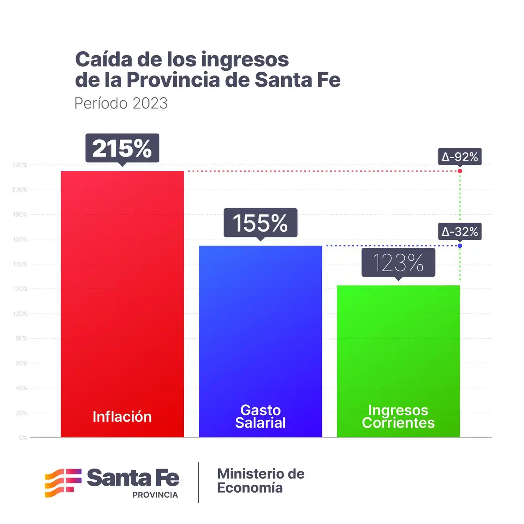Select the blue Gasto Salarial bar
pos(260,332)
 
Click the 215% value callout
pos(122,148)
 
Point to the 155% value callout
pos(260,223)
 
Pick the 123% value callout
pos(398,263)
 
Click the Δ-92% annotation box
pos(460,157)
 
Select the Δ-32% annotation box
pos(460,232)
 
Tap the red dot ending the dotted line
pos(460,171)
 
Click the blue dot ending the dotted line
pos(460,246)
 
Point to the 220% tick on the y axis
pos(20,165)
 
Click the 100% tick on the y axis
pos(20,314)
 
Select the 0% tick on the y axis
pos(23,437)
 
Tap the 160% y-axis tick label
pos(20,239)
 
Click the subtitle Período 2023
pos(121,103)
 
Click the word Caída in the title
pos(103,59)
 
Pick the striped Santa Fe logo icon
pos(63,483)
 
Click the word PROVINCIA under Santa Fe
pos(155,495)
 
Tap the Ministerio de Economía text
pos(261,481)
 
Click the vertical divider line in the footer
pos(198,482)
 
